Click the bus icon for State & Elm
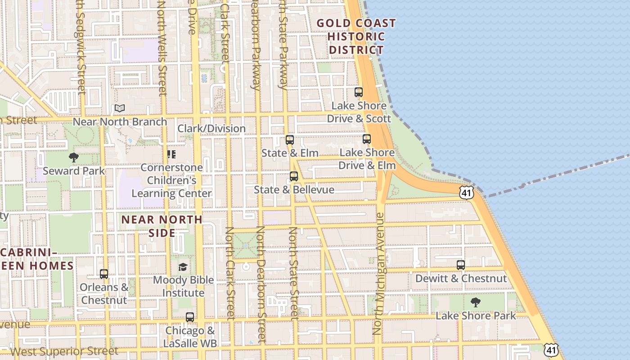coord(290,140)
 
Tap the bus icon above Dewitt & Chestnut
coord(460,265)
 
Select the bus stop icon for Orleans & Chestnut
coord(104,274)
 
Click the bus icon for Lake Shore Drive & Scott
coord(359,92)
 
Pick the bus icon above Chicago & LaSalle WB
coord(190,317)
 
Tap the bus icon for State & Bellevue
coord(294,176)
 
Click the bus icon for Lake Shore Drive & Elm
coord(367,139)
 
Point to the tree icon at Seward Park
coord(74,157)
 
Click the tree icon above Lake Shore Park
coord(475,302)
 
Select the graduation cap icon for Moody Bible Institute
coord(183,267)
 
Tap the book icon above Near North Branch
coord(119,108)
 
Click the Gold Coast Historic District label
coord(356,36)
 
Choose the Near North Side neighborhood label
coord(162,226)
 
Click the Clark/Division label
coord(211,129)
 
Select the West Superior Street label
coord(64,351)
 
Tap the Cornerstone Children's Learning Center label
coord(171,180)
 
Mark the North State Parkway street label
coord(283,45)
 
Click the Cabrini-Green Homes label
coord(36,259)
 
